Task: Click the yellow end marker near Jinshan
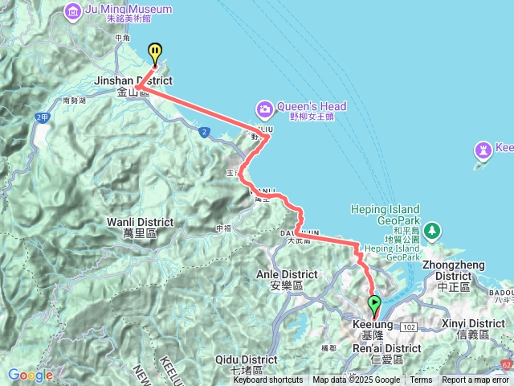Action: tap(155, 52)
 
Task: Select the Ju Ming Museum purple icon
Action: tap(73, 11)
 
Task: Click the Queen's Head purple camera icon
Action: tap(264, 108)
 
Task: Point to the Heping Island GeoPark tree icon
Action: tap(433, 231)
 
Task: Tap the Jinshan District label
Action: tap(133, 81)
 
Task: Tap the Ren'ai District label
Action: tap(387, 348)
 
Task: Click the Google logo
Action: tap(31, 375)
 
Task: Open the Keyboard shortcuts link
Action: tap(268, 380)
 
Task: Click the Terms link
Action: tap(421, 380)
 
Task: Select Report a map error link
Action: tap(475, 380)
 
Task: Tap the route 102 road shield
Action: tap(409, 327)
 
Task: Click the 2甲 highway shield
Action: tap(42, 118)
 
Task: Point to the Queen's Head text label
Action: tap(312, 106)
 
